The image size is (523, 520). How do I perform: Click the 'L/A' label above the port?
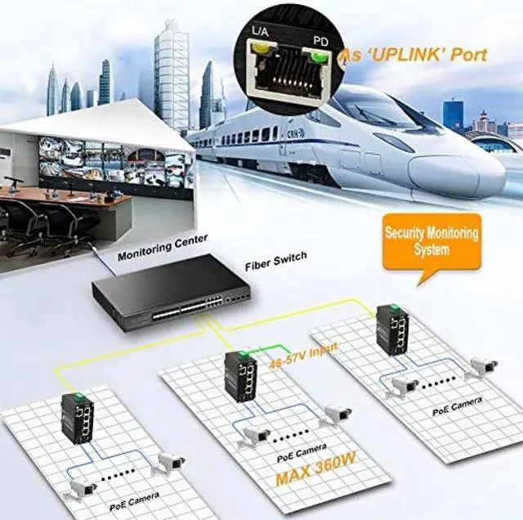260,30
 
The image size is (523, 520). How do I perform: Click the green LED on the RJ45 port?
315,56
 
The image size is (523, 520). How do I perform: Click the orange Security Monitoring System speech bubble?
431,241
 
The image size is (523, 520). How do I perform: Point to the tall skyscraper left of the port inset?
171,74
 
